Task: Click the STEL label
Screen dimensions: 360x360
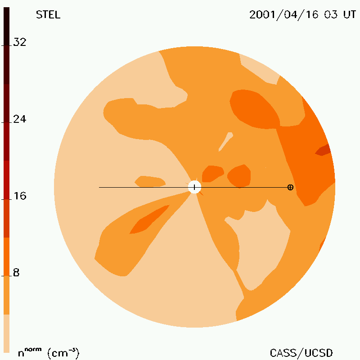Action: (48, 15)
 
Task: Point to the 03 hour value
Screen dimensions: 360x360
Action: (331, 15)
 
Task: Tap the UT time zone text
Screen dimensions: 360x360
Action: (350, 15)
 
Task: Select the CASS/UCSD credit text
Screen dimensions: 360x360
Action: (301, 353)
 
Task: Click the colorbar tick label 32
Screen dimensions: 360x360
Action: (20, 42)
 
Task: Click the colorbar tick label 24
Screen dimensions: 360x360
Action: (20, 119)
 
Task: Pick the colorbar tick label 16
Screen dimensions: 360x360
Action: (20, 196)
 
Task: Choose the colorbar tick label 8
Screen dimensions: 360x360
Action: (16, 273)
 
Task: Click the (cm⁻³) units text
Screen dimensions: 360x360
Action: (63, 353)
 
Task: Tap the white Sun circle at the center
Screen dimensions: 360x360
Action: (194, 187)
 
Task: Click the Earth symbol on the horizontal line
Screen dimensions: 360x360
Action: (290, 187)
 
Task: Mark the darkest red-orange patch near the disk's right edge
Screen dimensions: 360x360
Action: (323, 150)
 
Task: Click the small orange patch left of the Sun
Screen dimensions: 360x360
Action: (150, 181)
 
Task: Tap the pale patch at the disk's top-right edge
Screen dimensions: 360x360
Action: (260, 69)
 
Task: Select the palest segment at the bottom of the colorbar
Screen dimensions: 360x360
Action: (6, 333)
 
